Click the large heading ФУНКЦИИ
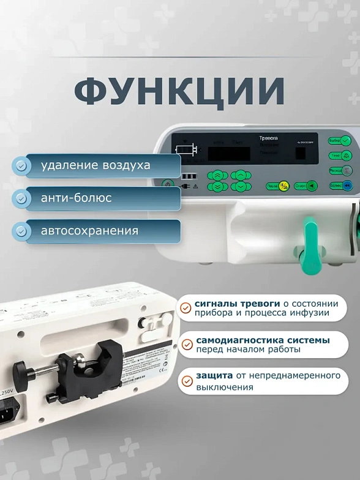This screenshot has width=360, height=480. click(179, 91)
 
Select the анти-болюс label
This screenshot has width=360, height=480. click(76, 198)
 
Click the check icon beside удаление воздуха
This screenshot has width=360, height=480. click(21, 165)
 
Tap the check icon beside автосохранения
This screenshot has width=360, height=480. click(21, 231)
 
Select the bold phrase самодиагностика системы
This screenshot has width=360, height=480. click(263, 340)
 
